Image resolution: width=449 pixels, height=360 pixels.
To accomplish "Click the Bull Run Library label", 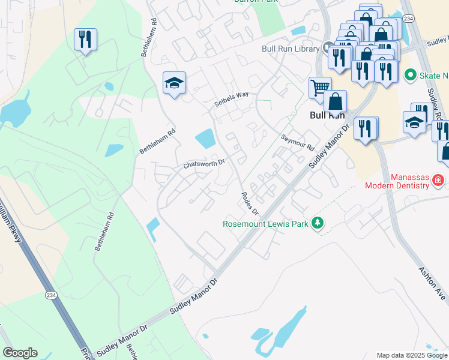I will (291, 49).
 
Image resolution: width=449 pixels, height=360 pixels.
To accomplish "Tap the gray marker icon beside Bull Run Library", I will (328, 47).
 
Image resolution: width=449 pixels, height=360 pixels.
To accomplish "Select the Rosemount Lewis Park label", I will (265, 224).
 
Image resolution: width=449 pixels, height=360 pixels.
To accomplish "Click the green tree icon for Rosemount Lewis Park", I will (317, 224).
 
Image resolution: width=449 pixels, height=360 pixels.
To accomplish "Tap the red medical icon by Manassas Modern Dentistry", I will (438, 179).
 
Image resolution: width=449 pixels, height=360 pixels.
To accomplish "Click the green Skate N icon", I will (411, 75).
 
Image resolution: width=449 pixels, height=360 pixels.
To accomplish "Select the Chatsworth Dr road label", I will (203, 163).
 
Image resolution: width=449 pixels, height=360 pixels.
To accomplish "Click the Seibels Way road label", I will (232, 100).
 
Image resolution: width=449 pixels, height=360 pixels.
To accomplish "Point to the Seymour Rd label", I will (298, 143).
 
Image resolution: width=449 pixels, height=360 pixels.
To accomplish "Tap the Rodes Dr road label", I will (249, 204).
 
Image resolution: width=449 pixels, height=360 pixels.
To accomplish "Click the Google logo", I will (20, 353).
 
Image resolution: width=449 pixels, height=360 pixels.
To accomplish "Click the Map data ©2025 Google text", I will (411, 355).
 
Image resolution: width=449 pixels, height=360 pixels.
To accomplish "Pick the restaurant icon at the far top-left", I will (85, 40).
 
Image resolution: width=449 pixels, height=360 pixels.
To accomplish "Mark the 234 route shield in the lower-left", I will (50, 294).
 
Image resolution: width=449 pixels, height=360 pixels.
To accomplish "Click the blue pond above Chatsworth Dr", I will (205, 139).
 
